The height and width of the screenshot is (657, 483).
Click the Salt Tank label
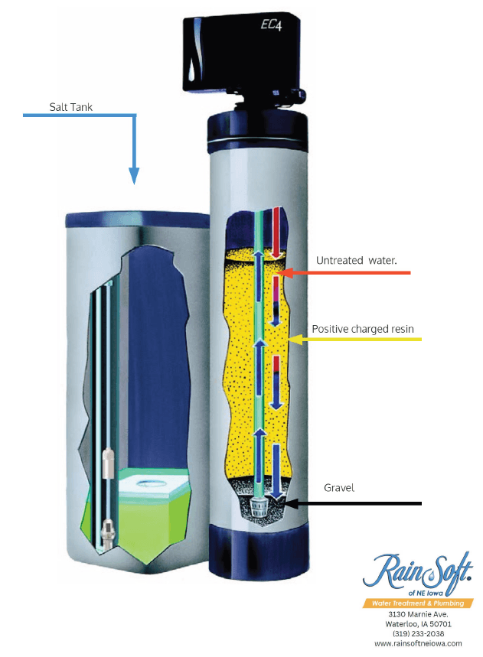[x=71, y=107]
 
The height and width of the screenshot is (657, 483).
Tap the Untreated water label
[x=357, y=261]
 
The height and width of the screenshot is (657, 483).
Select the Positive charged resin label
[x=363, y=330]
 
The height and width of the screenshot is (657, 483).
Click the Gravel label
[x=339, y=488]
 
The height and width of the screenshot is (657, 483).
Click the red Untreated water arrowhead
[x=286, y=273]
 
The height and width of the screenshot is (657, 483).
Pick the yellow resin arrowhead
[x=295, y=340]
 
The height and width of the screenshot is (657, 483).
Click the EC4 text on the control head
[x=271, y=25]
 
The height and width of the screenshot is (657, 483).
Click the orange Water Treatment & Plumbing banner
[x=418, y=603]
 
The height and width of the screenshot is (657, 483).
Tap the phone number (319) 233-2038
[x=418, y=633]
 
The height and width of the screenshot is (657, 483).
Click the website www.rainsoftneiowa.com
[x=418, y=643]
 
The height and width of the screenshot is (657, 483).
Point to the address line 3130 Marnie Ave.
[x=418, y=614]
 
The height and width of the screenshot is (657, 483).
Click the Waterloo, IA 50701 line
[x=418, y=624]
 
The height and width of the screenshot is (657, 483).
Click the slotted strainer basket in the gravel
[x=259, y=507]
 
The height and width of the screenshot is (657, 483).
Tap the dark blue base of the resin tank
[x=259, y=552]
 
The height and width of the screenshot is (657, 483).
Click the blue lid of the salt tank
[x=138, y=220]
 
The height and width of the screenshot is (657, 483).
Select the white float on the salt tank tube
[x=109, y=463]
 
